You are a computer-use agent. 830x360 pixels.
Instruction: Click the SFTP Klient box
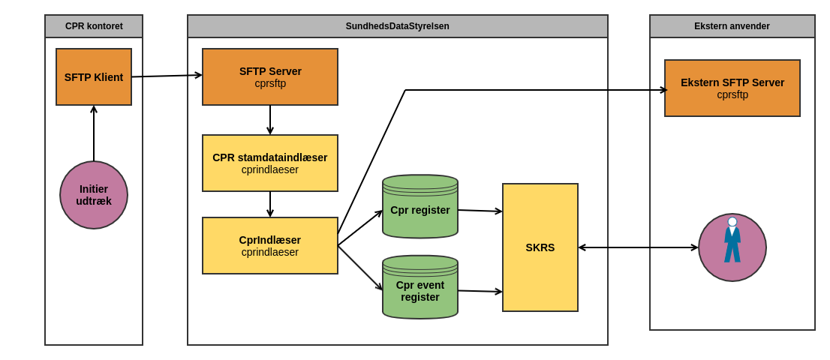(94, 76)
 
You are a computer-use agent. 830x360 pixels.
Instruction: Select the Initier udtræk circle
(94, 195)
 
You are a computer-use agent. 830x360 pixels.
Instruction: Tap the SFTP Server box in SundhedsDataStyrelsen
(270, 76)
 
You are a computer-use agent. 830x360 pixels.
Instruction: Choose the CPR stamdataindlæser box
(270, 163)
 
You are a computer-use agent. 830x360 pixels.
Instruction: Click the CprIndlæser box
(270, 245)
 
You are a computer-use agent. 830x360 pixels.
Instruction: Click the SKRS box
(540, 247)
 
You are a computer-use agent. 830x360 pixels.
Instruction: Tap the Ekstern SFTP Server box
(732, 88)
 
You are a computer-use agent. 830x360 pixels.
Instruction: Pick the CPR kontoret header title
(94, 26)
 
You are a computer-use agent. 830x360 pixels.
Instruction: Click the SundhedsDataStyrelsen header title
(398, 26)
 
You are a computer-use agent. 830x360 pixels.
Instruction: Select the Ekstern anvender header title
(732, 26)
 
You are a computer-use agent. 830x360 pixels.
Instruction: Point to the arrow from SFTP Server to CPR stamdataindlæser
(270, 120)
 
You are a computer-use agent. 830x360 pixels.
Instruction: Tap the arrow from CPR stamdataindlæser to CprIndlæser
(270, 204)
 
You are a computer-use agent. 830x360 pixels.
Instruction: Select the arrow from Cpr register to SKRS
(480, 211)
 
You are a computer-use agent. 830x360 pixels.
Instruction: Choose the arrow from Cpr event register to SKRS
(480, 291)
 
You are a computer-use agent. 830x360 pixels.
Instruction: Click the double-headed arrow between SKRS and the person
(638, 247)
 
